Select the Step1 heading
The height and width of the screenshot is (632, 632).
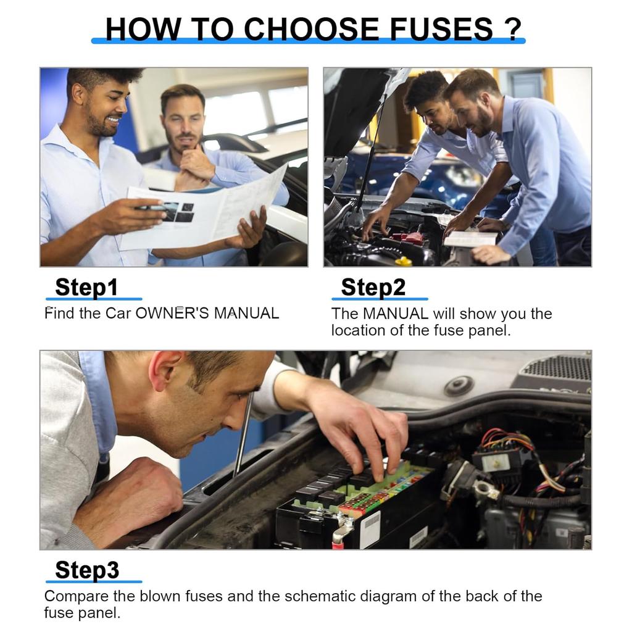(86, 287)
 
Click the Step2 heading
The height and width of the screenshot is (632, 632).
(373, 287)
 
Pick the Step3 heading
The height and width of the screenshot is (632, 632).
(87, 570)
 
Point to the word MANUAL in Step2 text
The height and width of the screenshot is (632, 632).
(396, 314)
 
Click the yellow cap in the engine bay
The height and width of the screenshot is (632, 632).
(404, 261)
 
